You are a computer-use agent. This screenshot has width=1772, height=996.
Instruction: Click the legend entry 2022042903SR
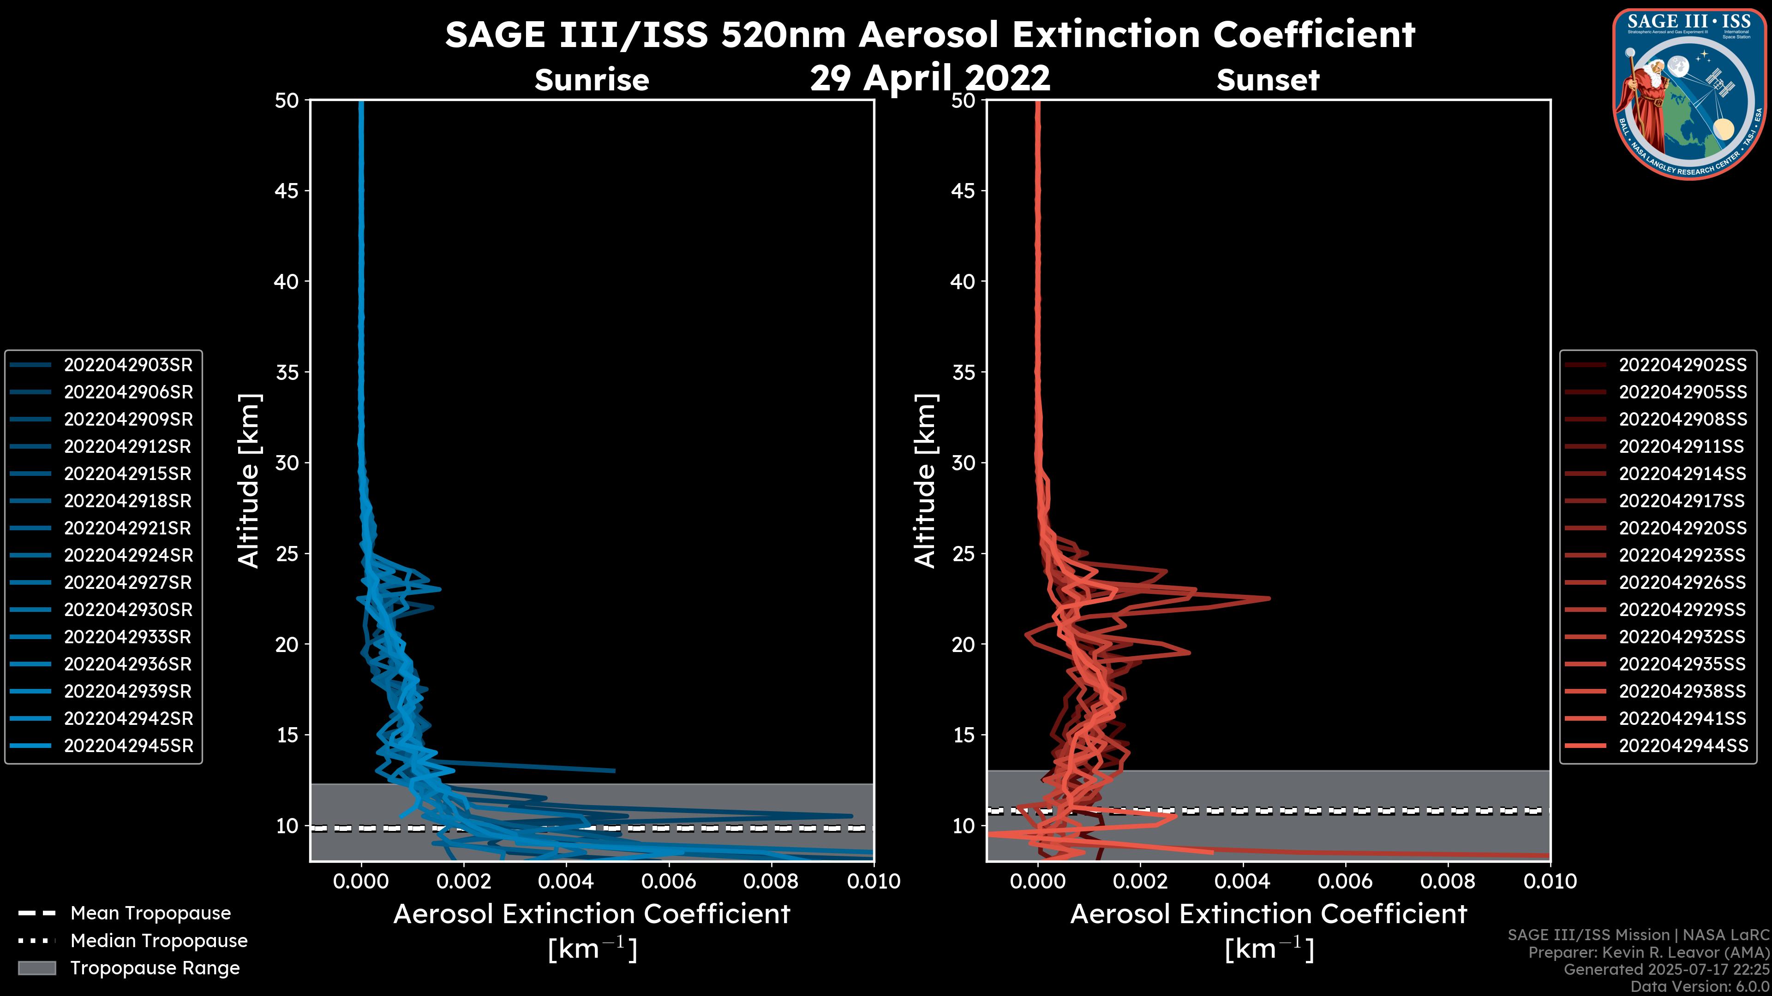[x=128, y=365]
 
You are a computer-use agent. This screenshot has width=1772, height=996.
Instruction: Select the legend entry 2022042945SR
[x=128, y=746]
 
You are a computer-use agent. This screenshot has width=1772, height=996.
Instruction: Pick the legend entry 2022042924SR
[x=128, y=555]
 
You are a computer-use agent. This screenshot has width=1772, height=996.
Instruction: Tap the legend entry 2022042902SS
[x=1682, y=365]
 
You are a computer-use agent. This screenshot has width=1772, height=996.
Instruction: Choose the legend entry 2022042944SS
[x=1682, y=746]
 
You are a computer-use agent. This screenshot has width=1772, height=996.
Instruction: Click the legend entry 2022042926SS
[x=1682, y=583]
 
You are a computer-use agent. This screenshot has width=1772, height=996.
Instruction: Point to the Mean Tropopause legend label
[x=150, y=913]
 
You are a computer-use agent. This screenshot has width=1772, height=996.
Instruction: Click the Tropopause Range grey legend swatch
[x=36, y=968]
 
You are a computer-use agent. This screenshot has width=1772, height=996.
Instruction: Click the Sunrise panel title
[x=592, y=80]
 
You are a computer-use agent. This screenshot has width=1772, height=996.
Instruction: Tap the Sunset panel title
[x=1268, y=80]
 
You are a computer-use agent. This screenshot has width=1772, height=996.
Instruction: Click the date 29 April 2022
[x=930, y=77]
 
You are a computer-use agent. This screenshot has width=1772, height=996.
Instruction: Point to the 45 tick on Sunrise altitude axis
[x=287, y=191]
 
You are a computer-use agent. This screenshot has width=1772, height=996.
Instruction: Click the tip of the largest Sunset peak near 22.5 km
[x=1269, y=598]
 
